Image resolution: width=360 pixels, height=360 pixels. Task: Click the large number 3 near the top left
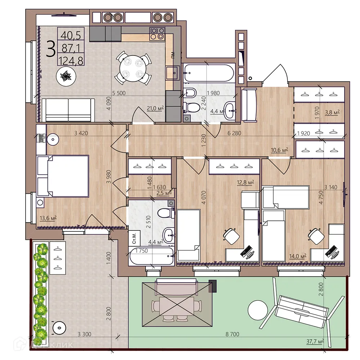point(51,49)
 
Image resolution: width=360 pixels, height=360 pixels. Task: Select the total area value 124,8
point(72,60)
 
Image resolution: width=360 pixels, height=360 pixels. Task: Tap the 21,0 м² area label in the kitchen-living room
point(155,108)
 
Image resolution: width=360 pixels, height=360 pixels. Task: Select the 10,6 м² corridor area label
point(279,150)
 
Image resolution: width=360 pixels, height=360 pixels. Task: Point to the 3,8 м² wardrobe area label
point(332,112)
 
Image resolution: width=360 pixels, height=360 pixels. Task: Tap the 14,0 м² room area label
point(297,256)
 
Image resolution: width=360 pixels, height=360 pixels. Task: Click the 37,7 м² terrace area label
point(315,341)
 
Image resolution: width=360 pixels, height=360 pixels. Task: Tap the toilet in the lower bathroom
point(166,213)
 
